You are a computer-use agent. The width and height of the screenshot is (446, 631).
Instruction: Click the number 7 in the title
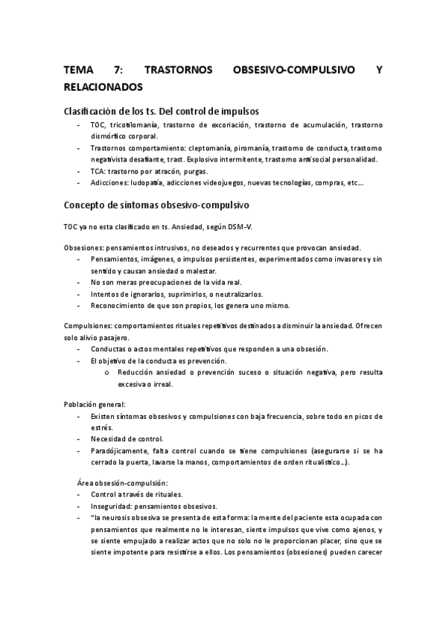coord(118,71)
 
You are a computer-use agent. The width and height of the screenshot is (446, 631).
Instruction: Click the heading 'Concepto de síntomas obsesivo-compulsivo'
coord(157,204)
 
